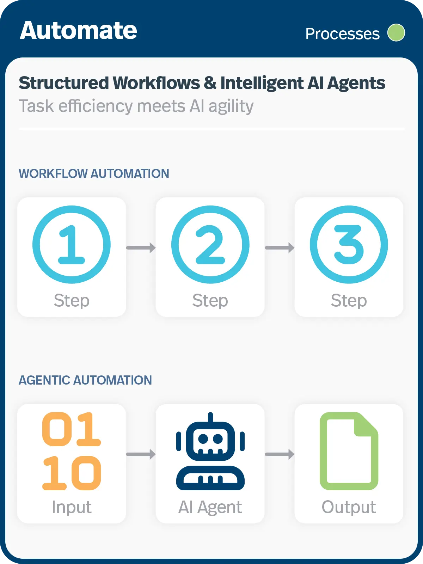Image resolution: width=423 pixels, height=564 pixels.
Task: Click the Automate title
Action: [x=78, y=31]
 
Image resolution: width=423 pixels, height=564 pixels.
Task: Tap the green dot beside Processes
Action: [x=396, y=33]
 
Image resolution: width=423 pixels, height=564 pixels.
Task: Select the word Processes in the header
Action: [x=342, y=34]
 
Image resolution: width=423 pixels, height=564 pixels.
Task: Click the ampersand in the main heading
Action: [x=210, y=83]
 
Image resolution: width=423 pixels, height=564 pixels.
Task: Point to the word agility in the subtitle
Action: [x=231, y=106]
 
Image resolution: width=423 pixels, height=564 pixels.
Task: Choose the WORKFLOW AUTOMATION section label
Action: [x=94, y=174]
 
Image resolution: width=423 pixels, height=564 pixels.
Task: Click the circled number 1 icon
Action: [x=72, y=245]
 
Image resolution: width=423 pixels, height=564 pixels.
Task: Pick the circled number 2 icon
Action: [x=210, y=245]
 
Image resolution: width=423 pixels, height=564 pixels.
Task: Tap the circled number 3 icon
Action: [x=349, y=245]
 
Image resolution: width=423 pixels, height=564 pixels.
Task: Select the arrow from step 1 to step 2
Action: [x=141, y=248]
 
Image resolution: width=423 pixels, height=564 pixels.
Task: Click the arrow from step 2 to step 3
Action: [x=280, y=248]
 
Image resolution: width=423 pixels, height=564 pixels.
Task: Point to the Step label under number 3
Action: [x=349, y=301]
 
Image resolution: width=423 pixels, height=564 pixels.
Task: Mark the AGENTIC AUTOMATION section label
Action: [x=85, y=380]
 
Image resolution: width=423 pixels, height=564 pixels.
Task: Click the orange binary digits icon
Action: [x=72, y=451]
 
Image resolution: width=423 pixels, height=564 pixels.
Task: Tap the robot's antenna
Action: [x=210, y=418]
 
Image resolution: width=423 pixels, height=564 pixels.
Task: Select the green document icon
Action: [x=349, y=451]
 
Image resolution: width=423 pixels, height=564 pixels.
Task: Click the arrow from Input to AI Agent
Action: [x=141, y=454]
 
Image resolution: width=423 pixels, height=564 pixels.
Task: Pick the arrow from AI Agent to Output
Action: [x=280, y=454]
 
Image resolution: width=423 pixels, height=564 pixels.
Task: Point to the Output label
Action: [x=349, y=507]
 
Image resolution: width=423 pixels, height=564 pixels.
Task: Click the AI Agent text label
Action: [x=210, y=507]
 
